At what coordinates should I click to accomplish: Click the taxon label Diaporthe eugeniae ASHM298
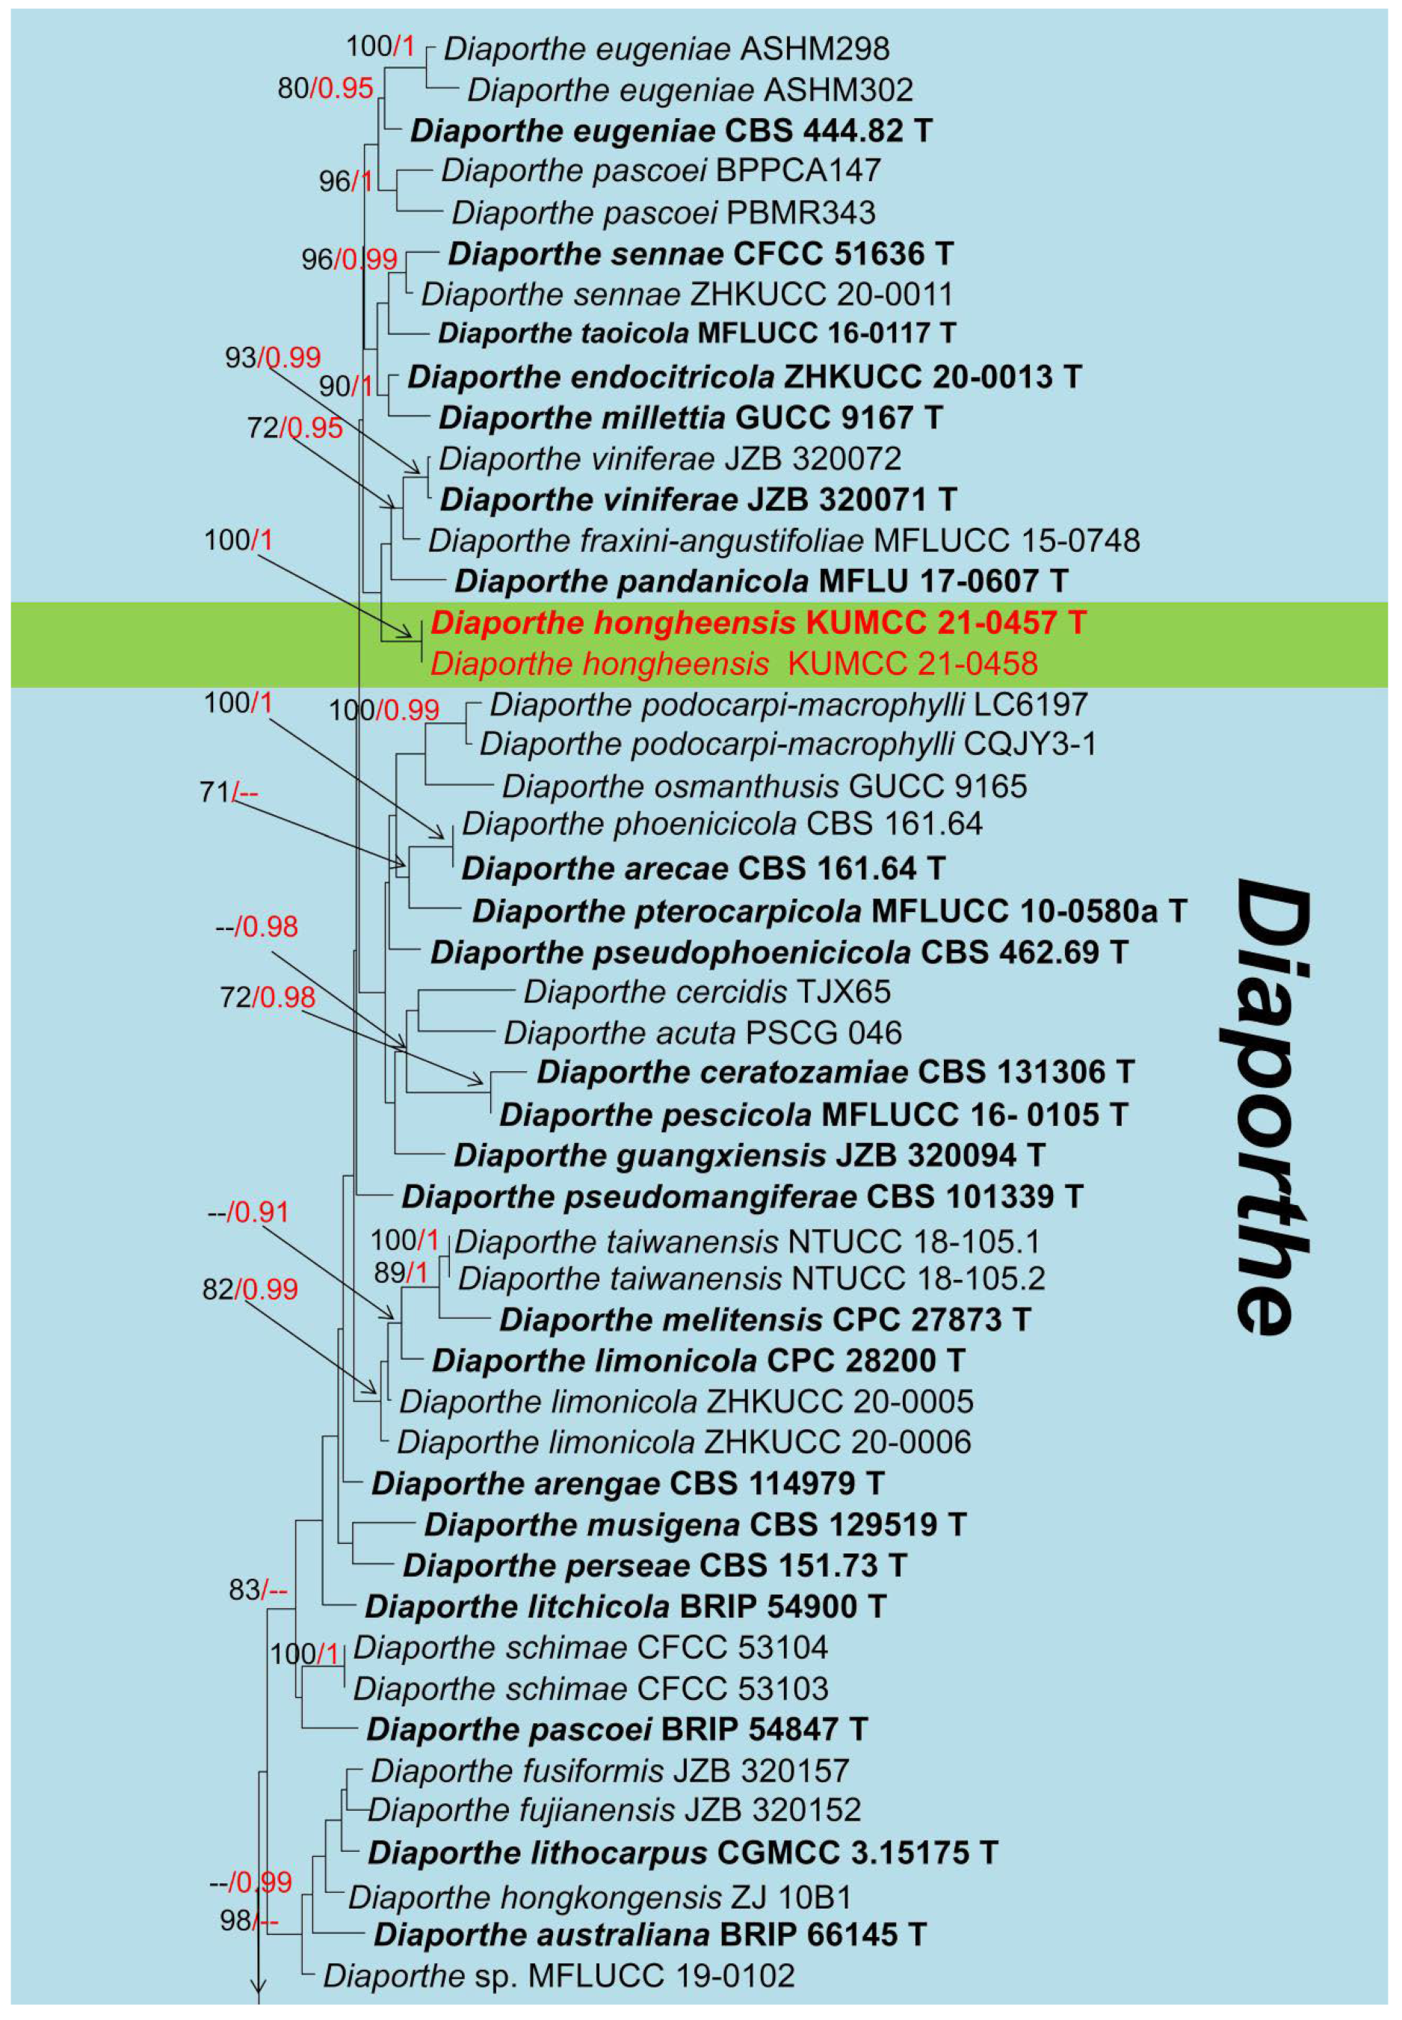(666, 49)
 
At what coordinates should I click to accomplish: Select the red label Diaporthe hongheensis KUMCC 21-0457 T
(758, 623)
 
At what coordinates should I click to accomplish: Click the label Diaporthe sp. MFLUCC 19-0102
(559, 1976)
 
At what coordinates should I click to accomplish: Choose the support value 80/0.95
(325, 88)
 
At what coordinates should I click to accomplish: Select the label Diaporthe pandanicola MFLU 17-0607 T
(761, 581)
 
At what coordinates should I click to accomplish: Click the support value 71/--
(229, 792)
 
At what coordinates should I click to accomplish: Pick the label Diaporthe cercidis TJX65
(707, 992)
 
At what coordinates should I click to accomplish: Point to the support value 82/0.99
(250, 1289)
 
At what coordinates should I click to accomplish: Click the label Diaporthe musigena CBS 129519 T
(695, 1524)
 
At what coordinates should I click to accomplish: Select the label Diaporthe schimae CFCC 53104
(590, 1648)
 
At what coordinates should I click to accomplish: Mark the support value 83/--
(257, 1589)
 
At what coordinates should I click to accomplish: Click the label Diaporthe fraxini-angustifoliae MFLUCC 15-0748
(783, 541)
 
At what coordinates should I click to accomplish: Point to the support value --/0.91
(247, 1212)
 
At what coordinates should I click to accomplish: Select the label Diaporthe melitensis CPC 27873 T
(765, 1320)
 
